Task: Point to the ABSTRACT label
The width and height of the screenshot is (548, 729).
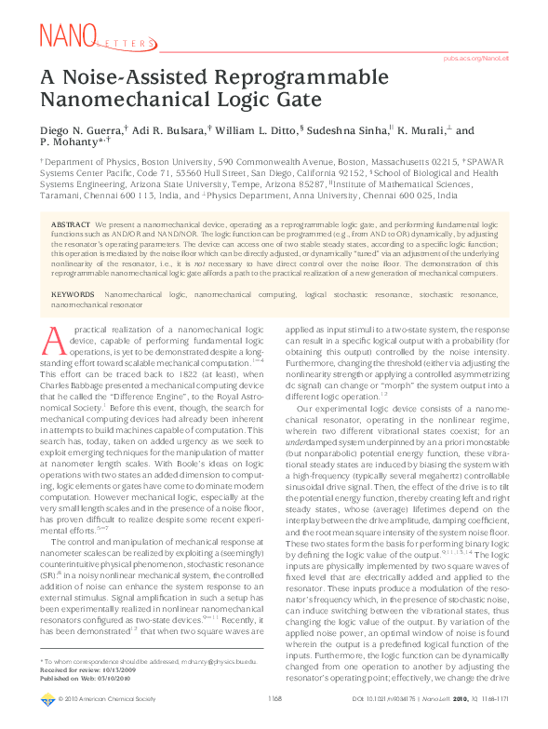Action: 70,226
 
